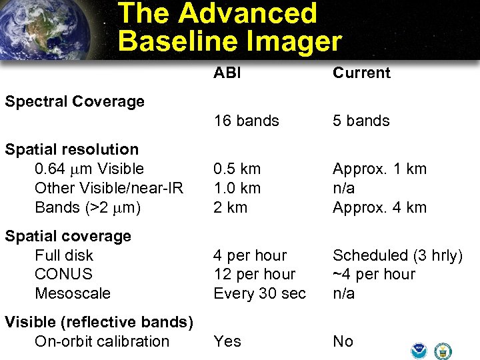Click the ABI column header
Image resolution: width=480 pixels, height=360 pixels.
click(227, 73)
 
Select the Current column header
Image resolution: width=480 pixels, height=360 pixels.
click(361, 73)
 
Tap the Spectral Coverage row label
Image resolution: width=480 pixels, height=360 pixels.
click(75, 101)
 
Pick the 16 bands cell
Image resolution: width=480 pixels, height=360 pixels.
click(246, 121)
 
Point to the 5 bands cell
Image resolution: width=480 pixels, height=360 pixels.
click(361, 121)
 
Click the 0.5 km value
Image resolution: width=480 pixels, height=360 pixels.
click(237, 169)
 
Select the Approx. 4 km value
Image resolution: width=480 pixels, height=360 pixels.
click(379, 207)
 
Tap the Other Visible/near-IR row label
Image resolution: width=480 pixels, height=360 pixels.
click(109, 188)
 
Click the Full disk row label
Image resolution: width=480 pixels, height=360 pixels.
click(64, 255)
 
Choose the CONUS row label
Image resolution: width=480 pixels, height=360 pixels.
click(63, 274)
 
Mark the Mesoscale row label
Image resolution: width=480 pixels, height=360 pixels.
click(73, 293)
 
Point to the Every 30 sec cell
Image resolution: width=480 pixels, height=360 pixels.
click(259, 293)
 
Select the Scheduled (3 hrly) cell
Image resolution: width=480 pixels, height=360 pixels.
click(397, 255)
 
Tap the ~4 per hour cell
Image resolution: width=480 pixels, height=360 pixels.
click(373, 274)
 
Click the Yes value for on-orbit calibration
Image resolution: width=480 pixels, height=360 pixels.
click(227, 341)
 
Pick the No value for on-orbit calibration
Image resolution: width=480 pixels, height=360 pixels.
click(343, 341)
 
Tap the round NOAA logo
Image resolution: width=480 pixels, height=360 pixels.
click(419, 350)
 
